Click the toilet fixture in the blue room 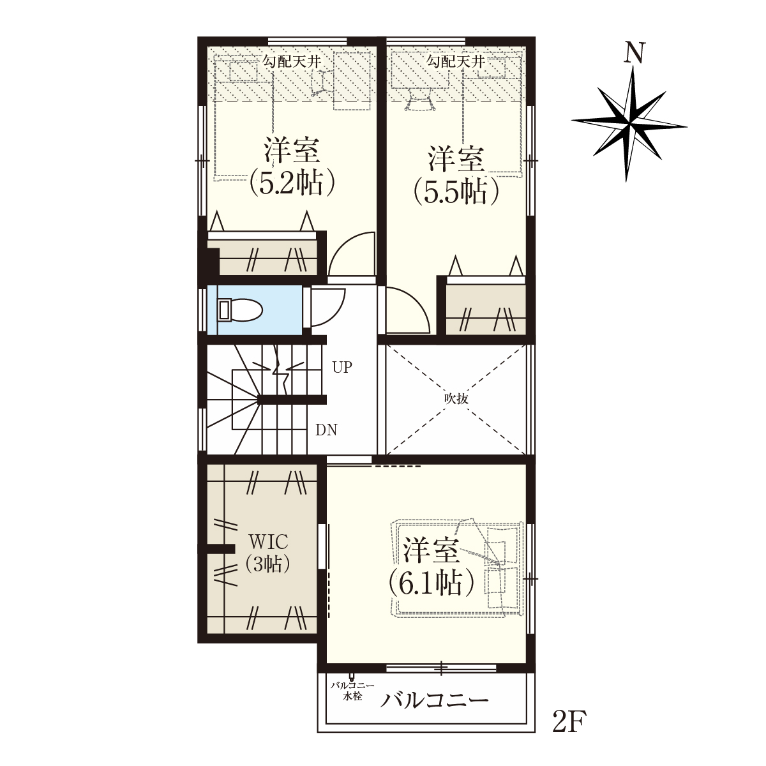point(240,310)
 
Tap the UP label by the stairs point(342,367)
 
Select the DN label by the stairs point(326,430)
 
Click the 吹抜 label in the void point(456,399)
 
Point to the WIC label point(268,541)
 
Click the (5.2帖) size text point(292,184)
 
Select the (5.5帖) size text point(456,192)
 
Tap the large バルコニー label point(434,712)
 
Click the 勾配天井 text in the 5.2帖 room point(292,62)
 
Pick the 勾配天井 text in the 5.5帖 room point(456,62)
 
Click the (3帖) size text point(267,564)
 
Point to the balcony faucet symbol point(351,677)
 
